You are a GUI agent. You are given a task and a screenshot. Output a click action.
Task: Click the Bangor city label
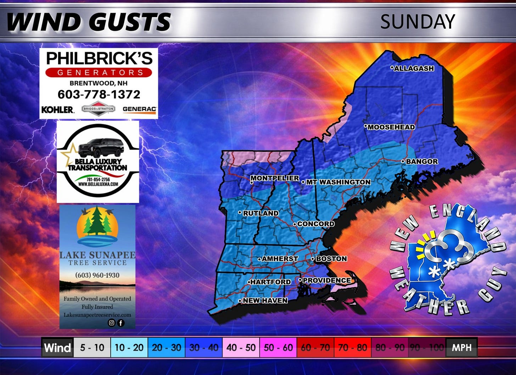[x=422, y=161]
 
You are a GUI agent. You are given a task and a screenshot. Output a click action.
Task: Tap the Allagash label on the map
[x=414, y=68]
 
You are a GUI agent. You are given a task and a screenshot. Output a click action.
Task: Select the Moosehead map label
[x=391, y=127]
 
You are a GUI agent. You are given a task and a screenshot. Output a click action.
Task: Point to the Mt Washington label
[x=338, y=182]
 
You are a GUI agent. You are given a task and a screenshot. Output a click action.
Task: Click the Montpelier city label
[x=275, y=178]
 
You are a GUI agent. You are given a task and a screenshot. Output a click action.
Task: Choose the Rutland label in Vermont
[x=260, y=213]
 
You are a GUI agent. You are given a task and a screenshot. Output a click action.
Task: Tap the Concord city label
[x=315, y=224]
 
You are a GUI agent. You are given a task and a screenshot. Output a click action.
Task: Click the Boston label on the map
[x=331, y=259]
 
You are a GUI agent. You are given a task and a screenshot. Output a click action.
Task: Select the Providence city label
[x=326, y=280]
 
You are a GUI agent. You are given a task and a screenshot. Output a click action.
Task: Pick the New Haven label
[x=265, y=301]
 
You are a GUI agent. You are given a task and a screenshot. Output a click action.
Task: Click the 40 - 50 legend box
[x=241, y=347]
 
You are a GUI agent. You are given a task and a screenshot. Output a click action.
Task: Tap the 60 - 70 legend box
[x=315, y=347]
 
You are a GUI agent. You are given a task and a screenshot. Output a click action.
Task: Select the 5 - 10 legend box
[x=92, y=347]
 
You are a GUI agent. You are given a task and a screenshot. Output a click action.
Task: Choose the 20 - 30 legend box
[x=167, y=347]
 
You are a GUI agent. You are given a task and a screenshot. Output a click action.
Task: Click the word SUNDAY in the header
[x=417, y=22]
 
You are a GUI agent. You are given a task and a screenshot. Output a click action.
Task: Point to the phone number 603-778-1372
[x=99, y=94]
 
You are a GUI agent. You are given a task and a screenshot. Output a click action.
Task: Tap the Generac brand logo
[x=139, y=109]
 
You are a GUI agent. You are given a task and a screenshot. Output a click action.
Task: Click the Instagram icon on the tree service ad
[x=112, y=323]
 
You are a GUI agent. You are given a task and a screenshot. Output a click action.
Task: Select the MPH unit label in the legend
[x=461, y=347]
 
